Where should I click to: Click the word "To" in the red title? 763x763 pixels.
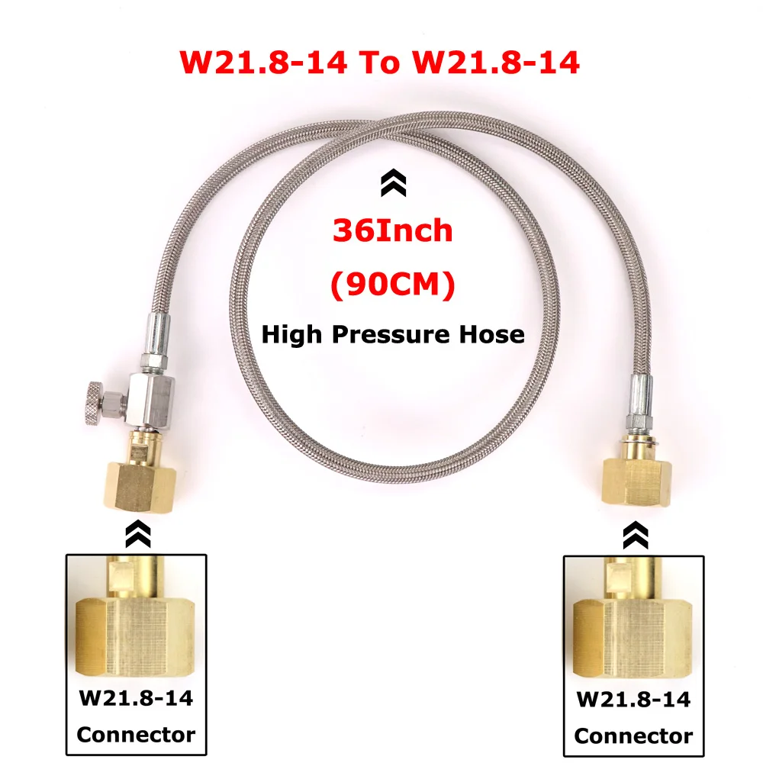[x=379, y=63]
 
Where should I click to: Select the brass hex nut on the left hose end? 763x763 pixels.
[x=140, y=487]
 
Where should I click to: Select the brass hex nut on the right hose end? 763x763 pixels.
[x=636, y=481]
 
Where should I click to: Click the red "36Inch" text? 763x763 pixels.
[x=393, y=230]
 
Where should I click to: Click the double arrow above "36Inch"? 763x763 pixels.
[x=393, y=182]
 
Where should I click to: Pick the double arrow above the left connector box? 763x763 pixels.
[x=138, y=534]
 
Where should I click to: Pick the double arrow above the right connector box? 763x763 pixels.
[x=636, y=536]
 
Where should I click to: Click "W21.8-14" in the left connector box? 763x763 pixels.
[x=137, y=698]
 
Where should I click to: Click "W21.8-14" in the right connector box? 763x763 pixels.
[x=633, y=699]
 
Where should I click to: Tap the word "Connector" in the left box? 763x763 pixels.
[x=137, y=734]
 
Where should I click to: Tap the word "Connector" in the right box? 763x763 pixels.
[x=633, y=736]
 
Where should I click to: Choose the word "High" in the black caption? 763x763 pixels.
[x=292, y=336]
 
